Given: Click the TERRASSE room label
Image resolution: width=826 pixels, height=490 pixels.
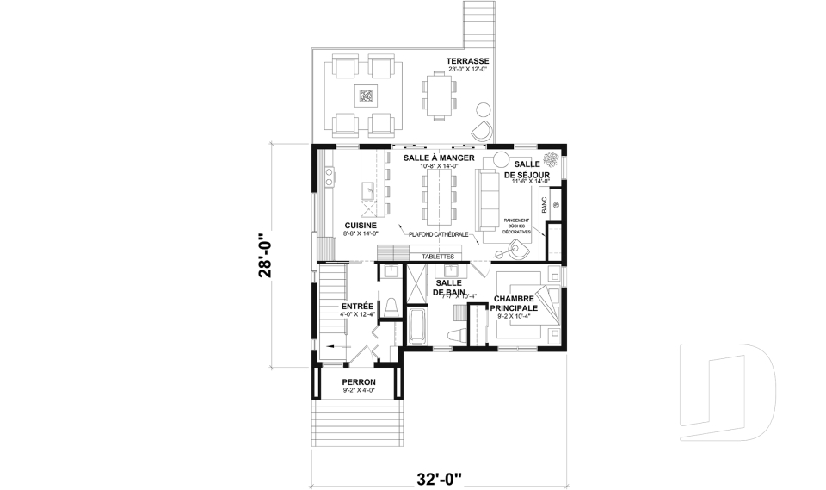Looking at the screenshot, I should (467, 61).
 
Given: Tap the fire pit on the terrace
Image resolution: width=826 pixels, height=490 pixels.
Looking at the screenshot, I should (365, 96).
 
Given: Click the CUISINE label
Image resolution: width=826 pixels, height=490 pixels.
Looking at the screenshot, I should (361, 226).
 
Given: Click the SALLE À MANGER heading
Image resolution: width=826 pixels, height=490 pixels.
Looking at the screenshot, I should (440, 158).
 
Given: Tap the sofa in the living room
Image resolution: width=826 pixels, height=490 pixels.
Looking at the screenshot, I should (488, 198).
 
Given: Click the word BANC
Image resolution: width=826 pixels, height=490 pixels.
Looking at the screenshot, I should (544, 205).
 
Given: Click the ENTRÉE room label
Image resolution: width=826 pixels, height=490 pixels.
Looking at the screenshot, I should (357, 306).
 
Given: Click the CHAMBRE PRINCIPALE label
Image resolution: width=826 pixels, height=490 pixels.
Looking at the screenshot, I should (515, 302).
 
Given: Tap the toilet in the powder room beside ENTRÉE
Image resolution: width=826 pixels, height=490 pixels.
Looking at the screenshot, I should (390, 307).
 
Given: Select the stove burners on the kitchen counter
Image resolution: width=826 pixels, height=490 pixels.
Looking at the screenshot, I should (329, 177).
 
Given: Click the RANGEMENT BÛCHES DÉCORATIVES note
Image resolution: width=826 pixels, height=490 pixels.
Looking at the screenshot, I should (517, 226).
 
